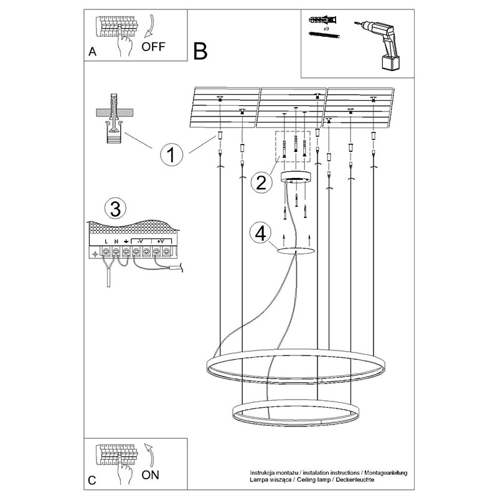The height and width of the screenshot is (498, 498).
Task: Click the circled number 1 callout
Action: point(171,154)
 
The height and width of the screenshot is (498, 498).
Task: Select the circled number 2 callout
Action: point(261,182)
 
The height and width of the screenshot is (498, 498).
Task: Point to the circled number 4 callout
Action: point(261,233)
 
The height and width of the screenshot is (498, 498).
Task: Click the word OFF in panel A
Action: point(153,46)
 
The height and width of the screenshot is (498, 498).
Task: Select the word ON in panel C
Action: point(151,476)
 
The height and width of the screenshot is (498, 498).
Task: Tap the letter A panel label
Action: point(92,52)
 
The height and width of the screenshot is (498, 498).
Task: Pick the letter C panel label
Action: point(92,480)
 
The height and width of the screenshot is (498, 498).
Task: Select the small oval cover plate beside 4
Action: point(294,251)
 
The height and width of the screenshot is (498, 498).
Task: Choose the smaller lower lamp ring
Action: point(295,413)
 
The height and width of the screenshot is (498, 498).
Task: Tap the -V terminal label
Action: point(140,242)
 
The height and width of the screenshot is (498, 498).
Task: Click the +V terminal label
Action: point(160,242)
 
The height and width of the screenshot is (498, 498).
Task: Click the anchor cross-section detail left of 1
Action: point(113,118)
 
